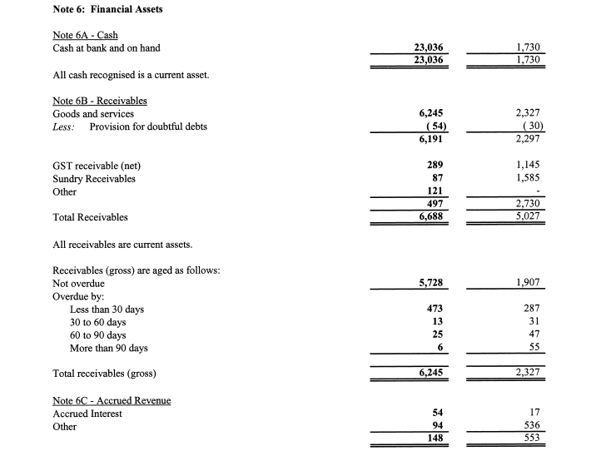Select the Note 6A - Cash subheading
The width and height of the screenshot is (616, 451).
(85, 35)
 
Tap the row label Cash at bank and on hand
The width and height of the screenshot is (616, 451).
(107, 48)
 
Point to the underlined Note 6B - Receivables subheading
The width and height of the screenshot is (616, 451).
(100, 101)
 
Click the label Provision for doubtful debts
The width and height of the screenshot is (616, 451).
(148, 126)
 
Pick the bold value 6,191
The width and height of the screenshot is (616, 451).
(430, 140)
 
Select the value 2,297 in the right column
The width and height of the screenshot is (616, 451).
(529, 140)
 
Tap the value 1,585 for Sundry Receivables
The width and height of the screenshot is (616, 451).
(529, 178)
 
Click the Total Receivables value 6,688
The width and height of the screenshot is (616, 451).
(430, 217)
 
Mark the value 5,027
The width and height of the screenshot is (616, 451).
(529, 217)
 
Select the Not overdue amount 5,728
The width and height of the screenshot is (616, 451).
(430, 283)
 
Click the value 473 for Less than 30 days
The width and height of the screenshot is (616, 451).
(434, 309)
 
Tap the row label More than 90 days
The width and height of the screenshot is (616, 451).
(109, 348)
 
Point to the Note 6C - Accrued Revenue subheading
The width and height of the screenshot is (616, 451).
(112, 400)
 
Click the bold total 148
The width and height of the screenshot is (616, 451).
(434, 439)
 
